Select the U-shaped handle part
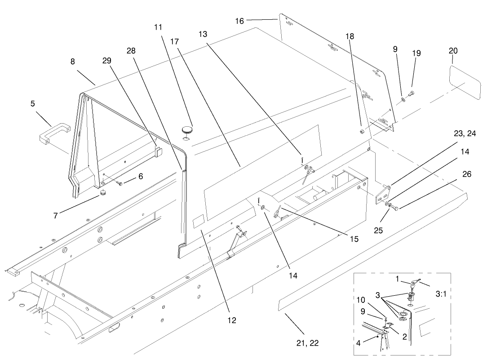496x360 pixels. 53,133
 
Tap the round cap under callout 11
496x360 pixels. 188,130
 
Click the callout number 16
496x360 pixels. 239,21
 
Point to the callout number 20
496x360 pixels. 452,50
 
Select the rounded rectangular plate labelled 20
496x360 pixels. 465,81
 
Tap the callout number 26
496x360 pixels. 467,174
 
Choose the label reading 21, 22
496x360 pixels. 307,343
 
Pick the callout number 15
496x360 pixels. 354,239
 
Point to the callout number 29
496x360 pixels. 107,60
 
